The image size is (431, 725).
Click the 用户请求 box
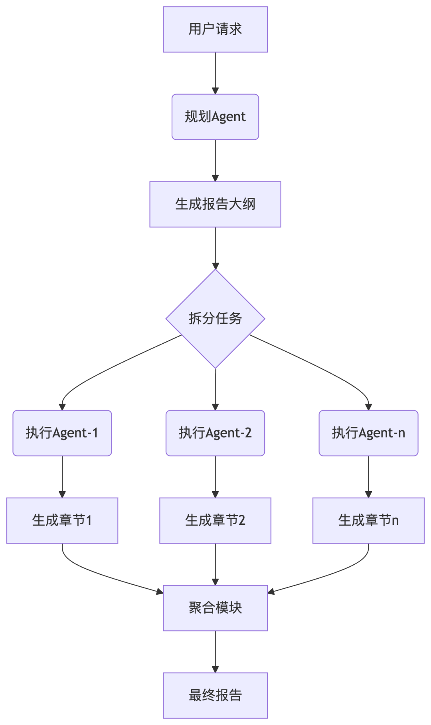215,29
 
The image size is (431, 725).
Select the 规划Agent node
215,117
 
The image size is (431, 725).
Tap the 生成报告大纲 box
215,204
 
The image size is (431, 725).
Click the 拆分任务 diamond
215,319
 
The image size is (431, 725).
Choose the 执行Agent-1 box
62,433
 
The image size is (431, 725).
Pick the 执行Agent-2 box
215,433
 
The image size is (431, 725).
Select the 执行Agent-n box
368,433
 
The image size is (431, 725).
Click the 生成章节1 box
62,520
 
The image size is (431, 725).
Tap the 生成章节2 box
215,520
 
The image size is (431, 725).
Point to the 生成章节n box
368,520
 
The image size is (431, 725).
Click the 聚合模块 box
215,608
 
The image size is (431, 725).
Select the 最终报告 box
215,695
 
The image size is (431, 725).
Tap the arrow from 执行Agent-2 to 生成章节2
215,476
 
